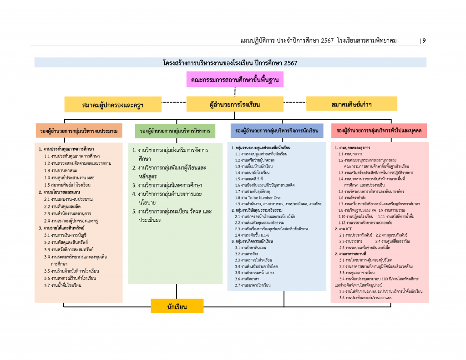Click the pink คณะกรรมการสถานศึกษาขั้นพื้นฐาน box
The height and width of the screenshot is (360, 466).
235,79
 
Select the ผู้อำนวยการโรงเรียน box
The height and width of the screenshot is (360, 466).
235,105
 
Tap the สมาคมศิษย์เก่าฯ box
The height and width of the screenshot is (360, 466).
351,104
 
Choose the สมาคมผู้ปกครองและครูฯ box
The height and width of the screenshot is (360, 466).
113,105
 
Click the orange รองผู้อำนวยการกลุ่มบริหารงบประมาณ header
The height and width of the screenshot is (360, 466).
79,131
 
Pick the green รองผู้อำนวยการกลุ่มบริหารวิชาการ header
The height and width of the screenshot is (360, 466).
175,131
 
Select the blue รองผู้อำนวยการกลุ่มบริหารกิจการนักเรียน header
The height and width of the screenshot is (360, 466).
277,131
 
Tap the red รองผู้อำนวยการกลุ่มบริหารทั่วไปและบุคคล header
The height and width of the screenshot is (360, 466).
379,131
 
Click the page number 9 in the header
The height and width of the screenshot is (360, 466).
424,41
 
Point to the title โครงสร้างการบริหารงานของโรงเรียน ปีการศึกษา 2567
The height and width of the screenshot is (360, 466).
230,63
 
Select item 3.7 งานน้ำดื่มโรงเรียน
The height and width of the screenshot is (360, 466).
66,285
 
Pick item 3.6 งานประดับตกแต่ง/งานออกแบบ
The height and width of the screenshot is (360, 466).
366,297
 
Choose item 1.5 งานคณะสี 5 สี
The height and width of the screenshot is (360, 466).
250,179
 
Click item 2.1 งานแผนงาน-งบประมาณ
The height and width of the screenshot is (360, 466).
68,199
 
